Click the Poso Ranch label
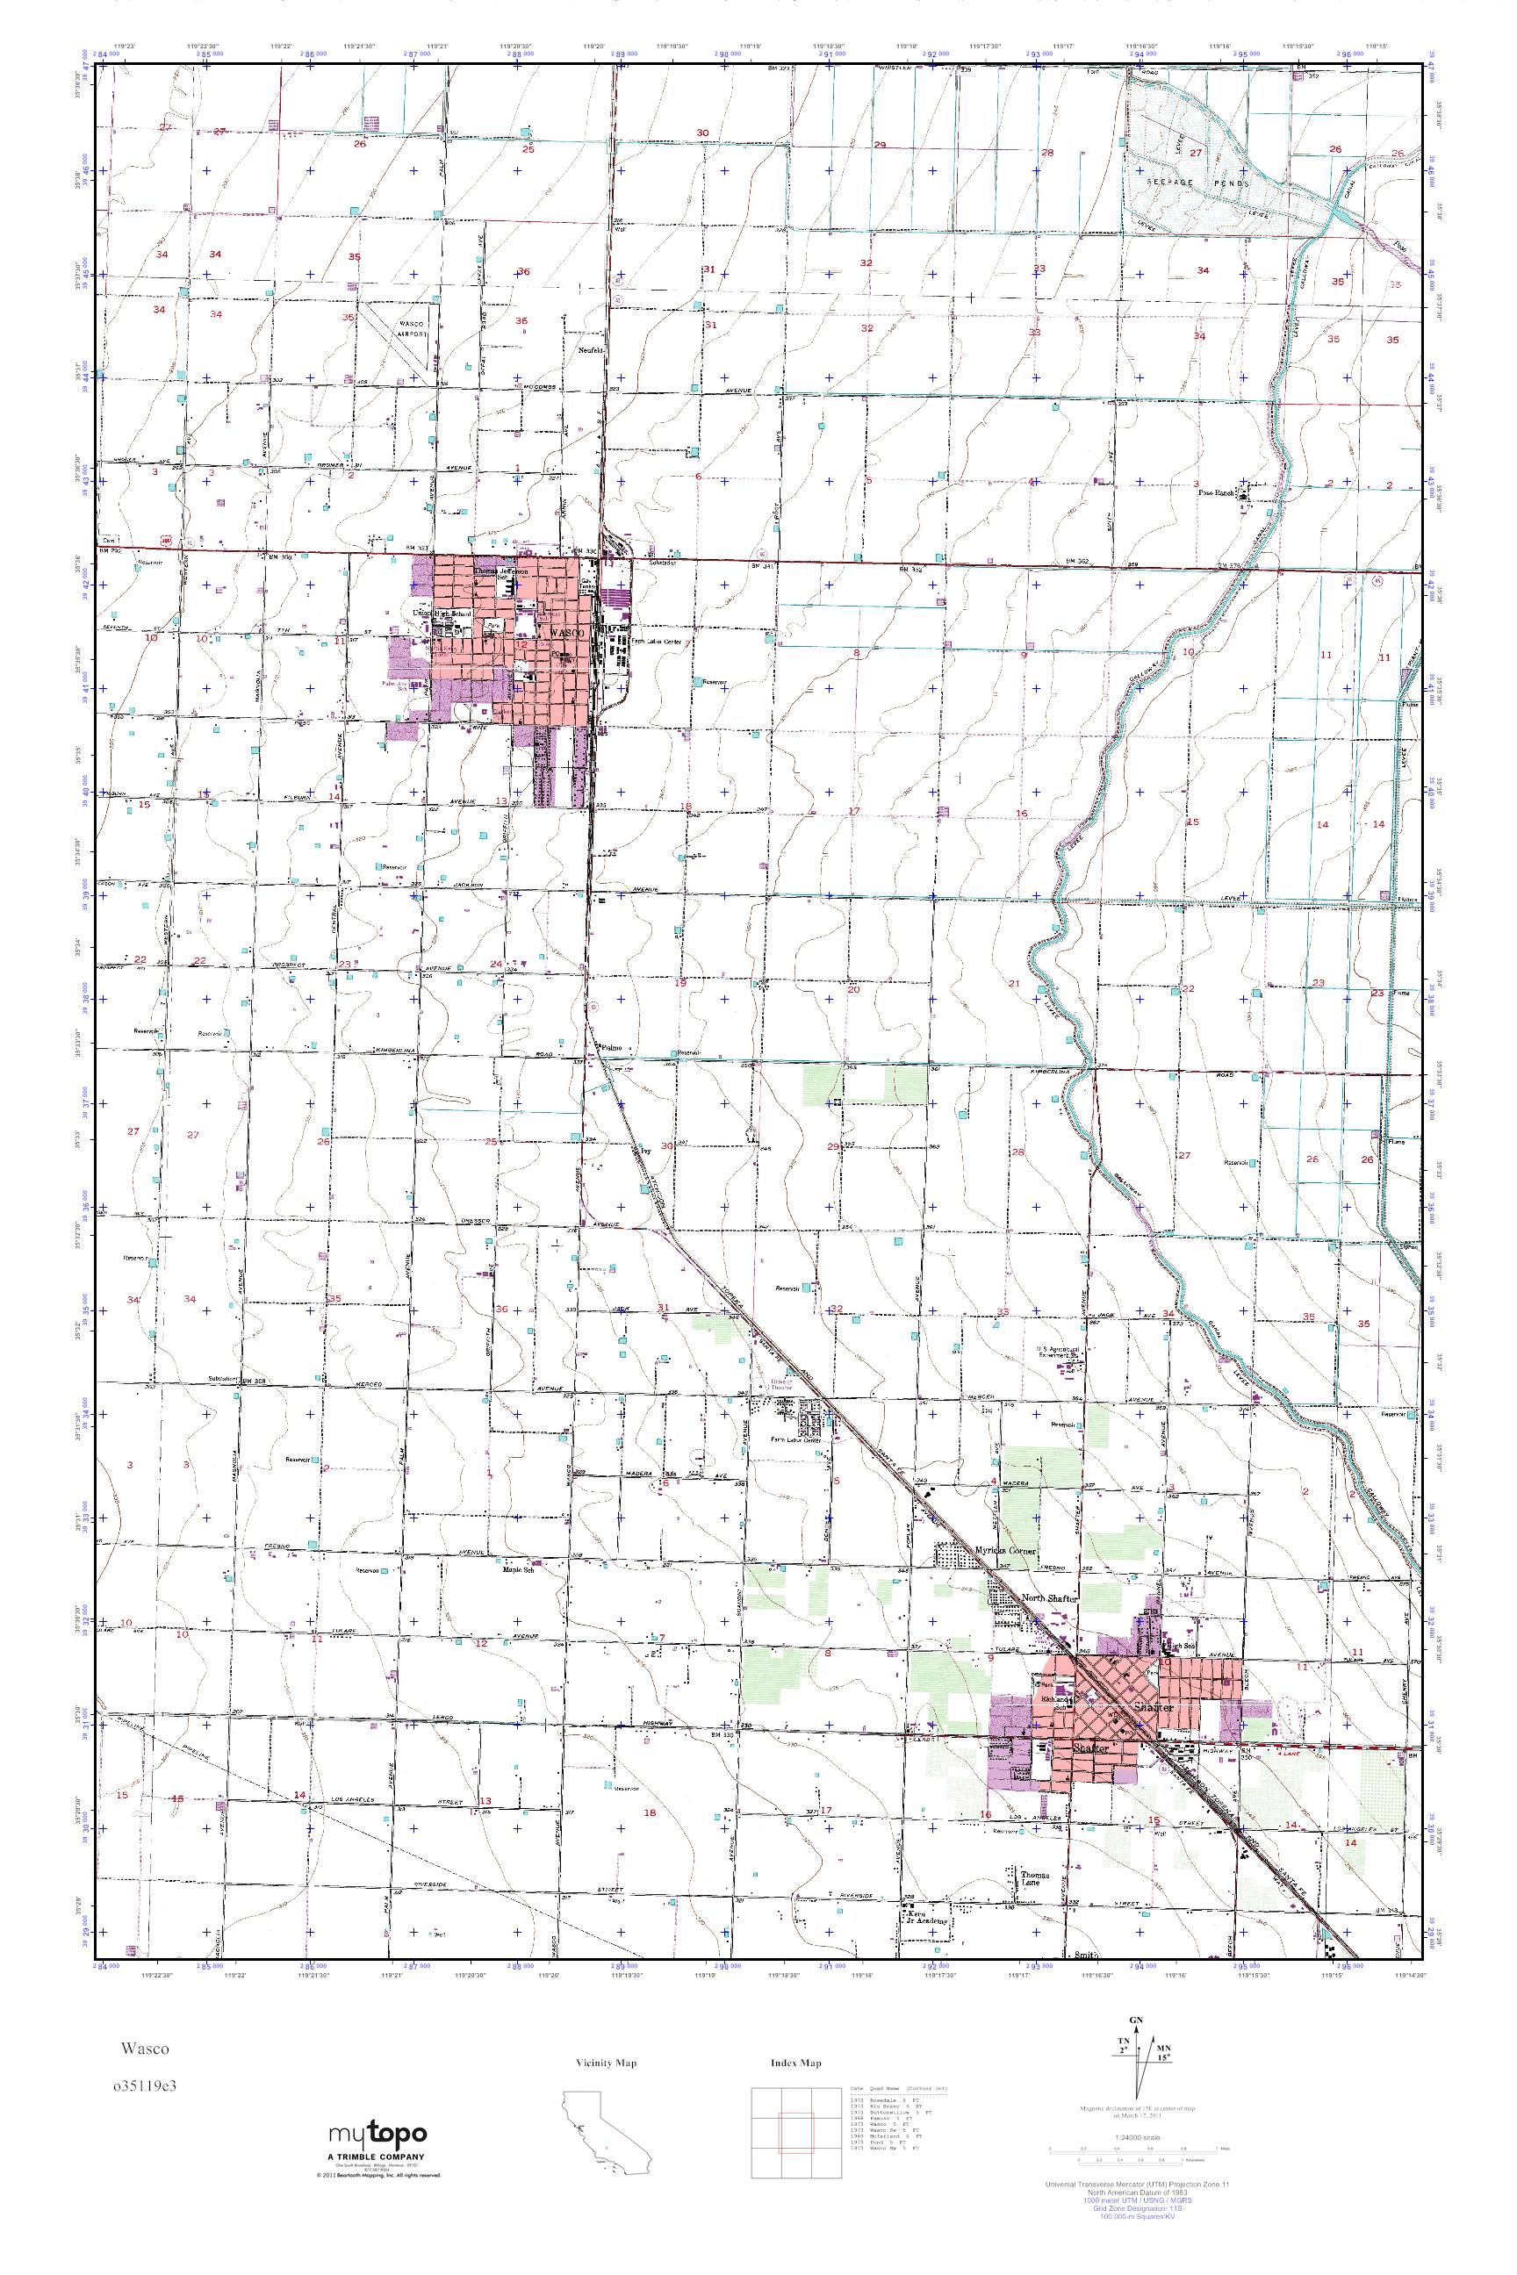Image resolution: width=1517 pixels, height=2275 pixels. pyautogui.click(x=1217, y=492)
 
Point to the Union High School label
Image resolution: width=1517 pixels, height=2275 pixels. pyautogui.click(x=443, y=614)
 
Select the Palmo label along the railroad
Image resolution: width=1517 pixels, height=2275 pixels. pyautogui.click(x=609, y=1048)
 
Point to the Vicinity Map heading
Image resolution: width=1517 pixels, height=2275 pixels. pyautogui.click(x=606, y=2063)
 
